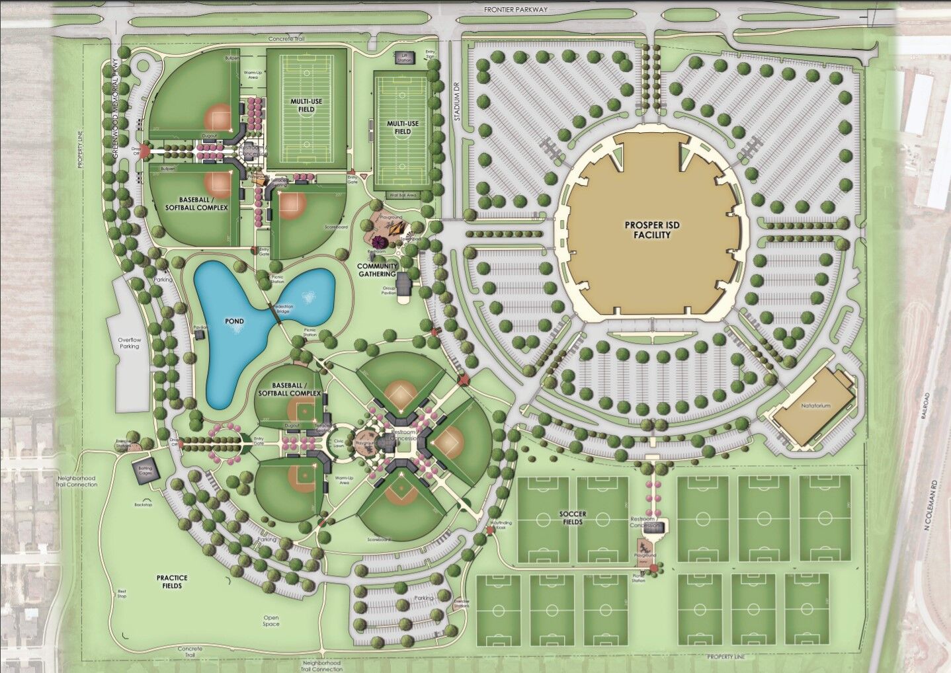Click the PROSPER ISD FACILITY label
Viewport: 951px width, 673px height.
(x=651, y=230)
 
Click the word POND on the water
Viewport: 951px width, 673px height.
(x=233, y=322)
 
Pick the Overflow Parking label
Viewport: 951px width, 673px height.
(x=130, y=342)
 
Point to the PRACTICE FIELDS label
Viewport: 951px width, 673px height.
(x=170, y=582)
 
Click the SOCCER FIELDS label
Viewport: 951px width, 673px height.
(x=573, y=518)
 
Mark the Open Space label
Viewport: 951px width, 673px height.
(x=270, y=621)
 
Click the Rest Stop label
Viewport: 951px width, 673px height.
(x=122, y=593)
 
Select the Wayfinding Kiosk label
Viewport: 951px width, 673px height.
(x=501, y=526)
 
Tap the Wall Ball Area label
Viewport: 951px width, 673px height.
(x=402, y=195)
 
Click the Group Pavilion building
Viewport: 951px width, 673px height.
(x=403, y=285)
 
